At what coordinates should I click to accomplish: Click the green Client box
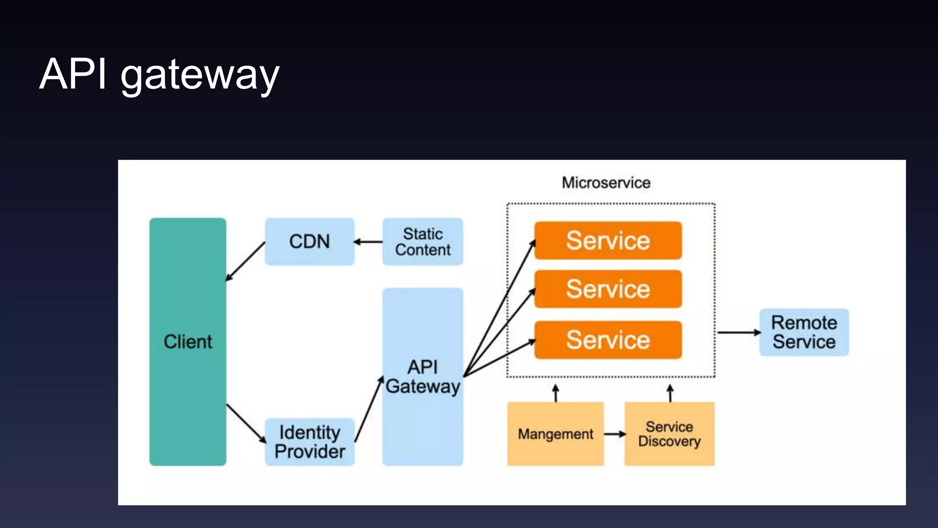pyautogui.click(x=187, y=341)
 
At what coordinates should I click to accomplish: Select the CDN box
pyautogui.click(x=309, y=242)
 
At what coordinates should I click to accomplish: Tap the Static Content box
pyautogui.click(x=422, y=242)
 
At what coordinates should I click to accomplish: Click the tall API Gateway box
pyautogui.click(x=422, y=376)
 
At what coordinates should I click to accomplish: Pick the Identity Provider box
pyautogui.click(x=309, y=442)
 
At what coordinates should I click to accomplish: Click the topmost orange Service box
pyautogui.click(x=608, y=241)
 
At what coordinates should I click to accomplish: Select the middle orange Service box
pyautogui.click(x=608, y=289)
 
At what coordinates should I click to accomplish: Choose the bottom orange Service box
pyautogui.click(x=608, y=340)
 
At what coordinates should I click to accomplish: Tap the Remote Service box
pyautogui.click(x=804, y=332)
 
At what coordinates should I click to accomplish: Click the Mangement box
pyautogui.click(x=555, y=434)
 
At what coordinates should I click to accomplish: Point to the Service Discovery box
pyautogui.click(x=669, y=434)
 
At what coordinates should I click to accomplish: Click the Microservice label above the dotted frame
pyautogui.click(x=606, y=183)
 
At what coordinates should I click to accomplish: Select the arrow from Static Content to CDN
pyautogui.click(x=368, y=242)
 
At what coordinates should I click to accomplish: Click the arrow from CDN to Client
pyautogui.click(x=245, y=261)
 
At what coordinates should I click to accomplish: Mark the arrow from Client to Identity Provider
pyautogui.click(x=246, y=423)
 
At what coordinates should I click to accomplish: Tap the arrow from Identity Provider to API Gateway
pyautogui.click(x=369, y=409)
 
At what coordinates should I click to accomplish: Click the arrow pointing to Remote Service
pyautogui.click(x=738, y=332)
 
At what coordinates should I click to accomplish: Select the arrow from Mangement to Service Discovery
pyautogui.click(x=614, y=434)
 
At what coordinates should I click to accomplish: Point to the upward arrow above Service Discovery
pyautogui.click(x=670, y=393)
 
